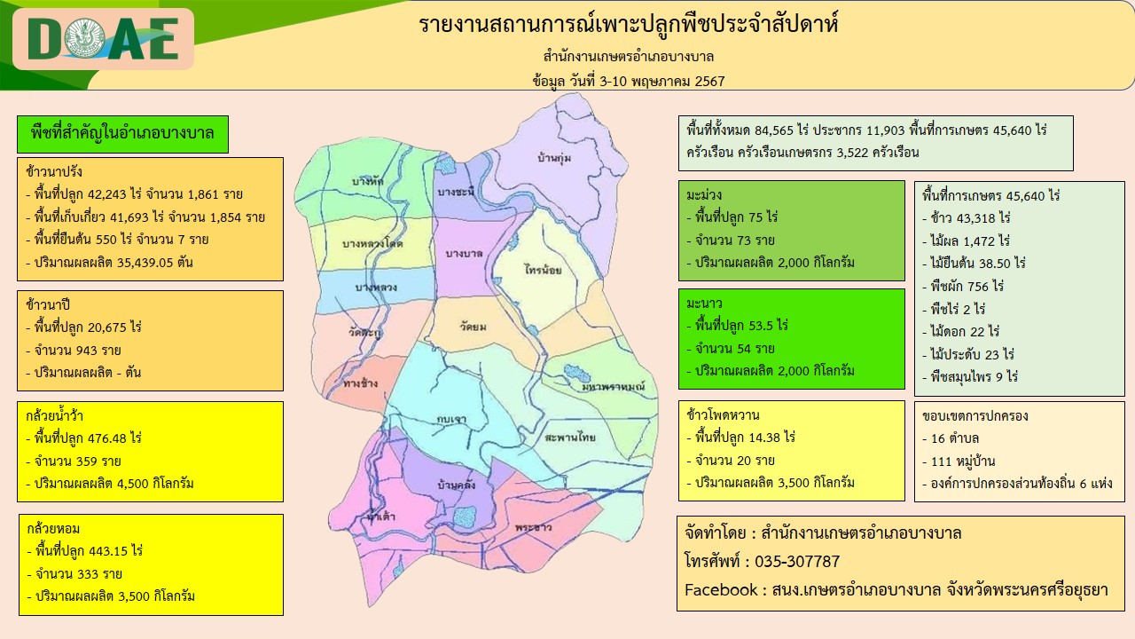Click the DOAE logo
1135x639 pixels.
[x=103, y=39]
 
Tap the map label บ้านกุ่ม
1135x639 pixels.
[x=554, y=158]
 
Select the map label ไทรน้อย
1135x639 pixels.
[x=544, y=269]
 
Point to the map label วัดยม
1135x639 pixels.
[x=473, y=327]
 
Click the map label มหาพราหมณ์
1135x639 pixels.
[x=613, y=387]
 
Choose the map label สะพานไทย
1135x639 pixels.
[x=570, y=437]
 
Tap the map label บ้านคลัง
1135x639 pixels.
[x=457, y=485]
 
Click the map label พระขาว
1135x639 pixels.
[x=533, y=527]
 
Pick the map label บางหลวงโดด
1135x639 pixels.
[x=372, y=243]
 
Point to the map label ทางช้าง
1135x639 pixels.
[x=360, y=383]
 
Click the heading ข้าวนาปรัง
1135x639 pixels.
[x=54, y=171]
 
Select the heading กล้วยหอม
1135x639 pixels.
[x=53, y=528]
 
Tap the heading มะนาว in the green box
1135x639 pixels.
[x=704, y=304]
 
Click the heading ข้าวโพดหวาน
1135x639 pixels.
[x=723, y=414]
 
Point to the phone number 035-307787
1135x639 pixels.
[x=797, y=562]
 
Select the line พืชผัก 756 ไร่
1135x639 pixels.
[x=967, y=286]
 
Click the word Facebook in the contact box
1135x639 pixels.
[x=721, y=590]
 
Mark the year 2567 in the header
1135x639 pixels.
[x=709, y=81]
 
